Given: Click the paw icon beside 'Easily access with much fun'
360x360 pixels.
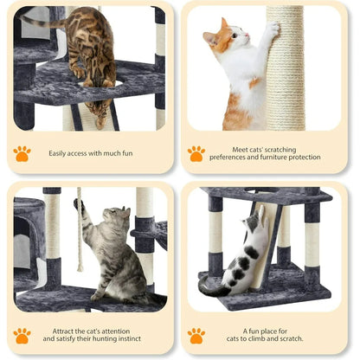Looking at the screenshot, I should [x=22, y=153].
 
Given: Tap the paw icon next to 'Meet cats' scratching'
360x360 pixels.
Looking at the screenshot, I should [x=196, y=153].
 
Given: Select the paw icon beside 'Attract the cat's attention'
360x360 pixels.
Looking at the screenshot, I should [x=22, y=335].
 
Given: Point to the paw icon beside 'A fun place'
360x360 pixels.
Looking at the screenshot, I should [x=196, y=335].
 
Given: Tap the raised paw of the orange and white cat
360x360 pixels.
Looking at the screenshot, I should [x=273, y=28].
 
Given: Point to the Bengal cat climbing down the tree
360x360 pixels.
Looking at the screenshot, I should [x=91, y=52].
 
